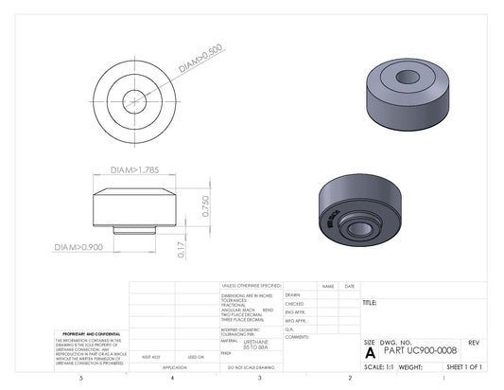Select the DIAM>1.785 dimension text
pos(135,171)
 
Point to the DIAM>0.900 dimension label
pos(78,247)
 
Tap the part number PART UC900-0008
pos(422,350)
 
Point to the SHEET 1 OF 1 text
pos(463,365)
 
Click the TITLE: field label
pos(370,303)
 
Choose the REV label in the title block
pos(474,341)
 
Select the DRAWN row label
pos(293,294)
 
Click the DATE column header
pos(349,286)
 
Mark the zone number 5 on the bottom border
pos(81,378)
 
